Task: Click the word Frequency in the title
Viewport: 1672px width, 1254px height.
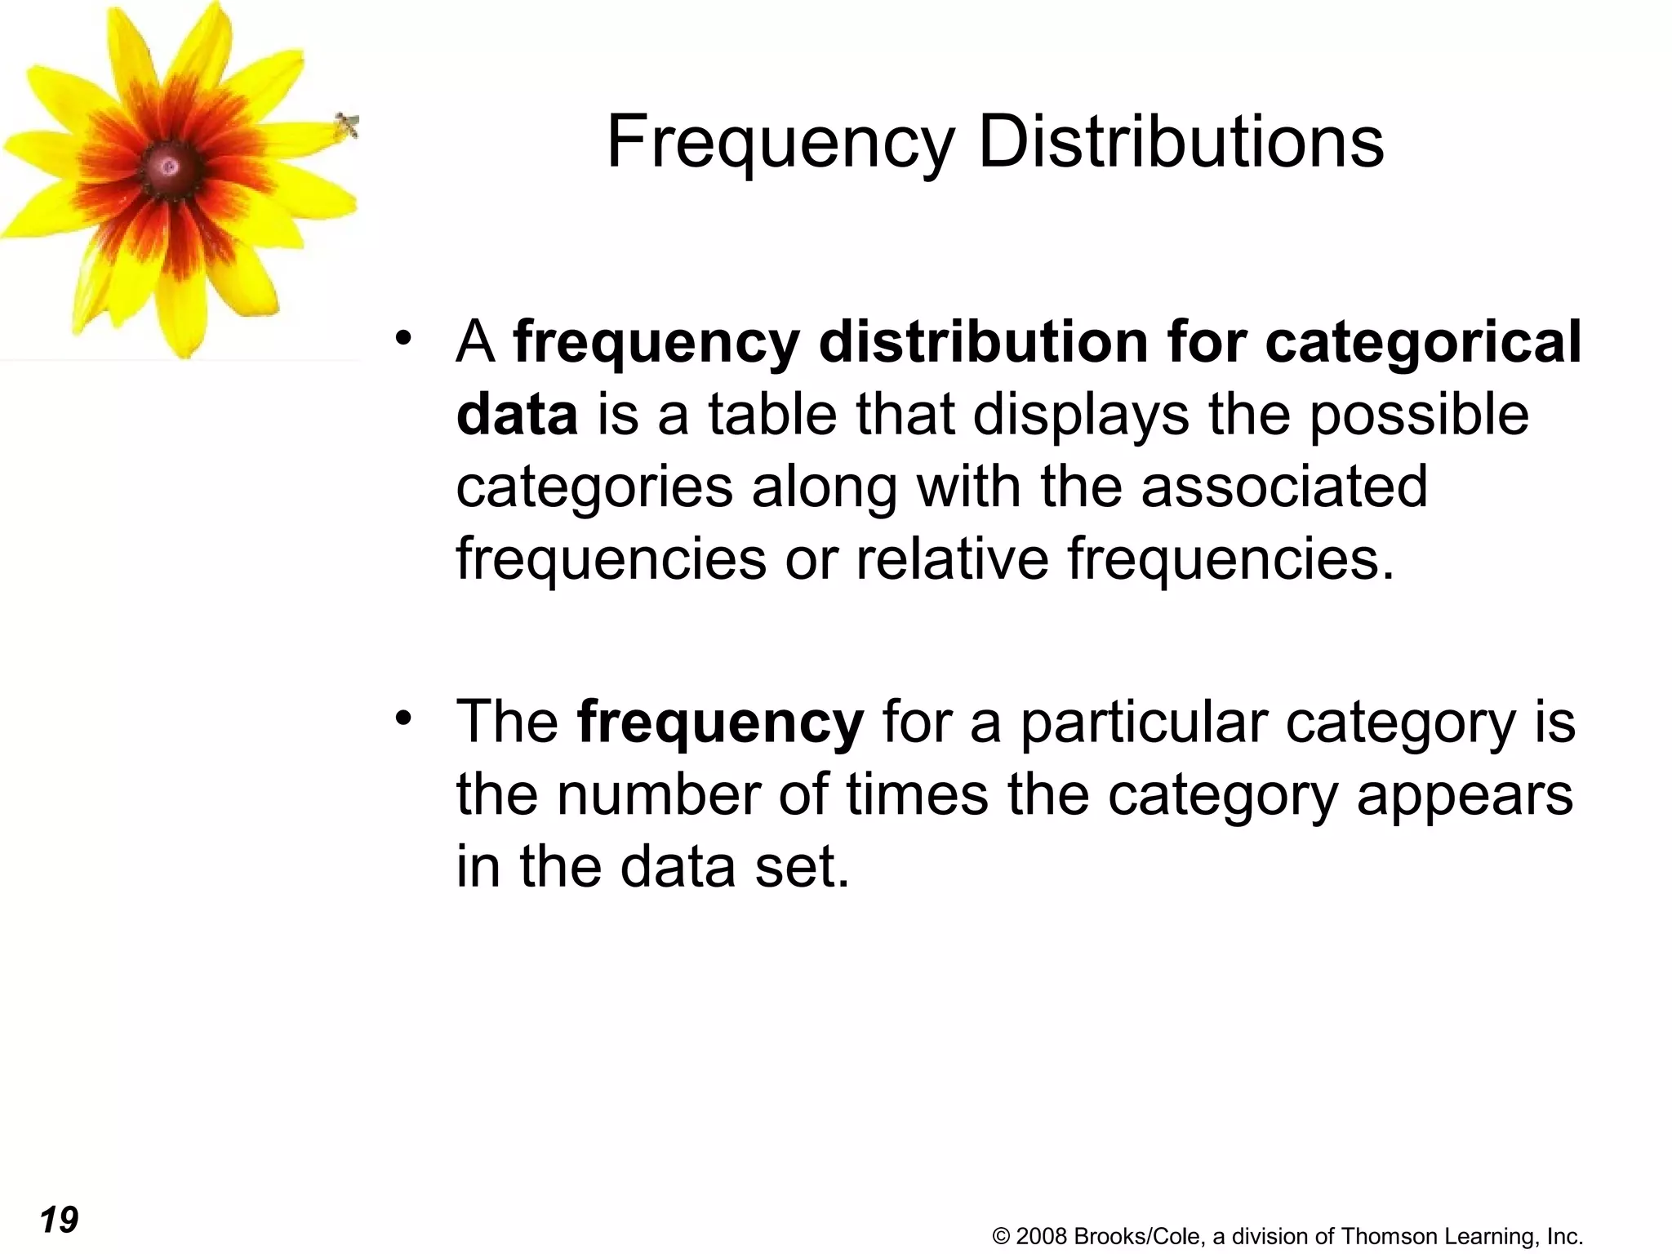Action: pos(780,144)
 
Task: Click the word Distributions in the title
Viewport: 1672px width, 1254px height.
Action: pos(1181,142)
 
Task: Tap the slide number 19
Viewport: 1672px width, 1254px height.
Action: pos(59,1220)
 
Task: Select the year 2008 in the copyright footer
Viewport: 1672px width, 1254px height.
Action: pos(1041,1236)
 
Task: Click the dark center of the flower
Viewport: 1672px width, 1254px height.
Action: pos(170,167)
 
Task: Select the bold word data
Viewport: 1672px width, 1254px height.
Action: pos(517,415)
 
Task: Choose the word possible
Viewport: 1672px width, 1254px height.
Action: pos(1419,415)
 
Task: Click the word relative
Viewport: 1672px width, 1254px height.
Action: pos(952,559)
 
